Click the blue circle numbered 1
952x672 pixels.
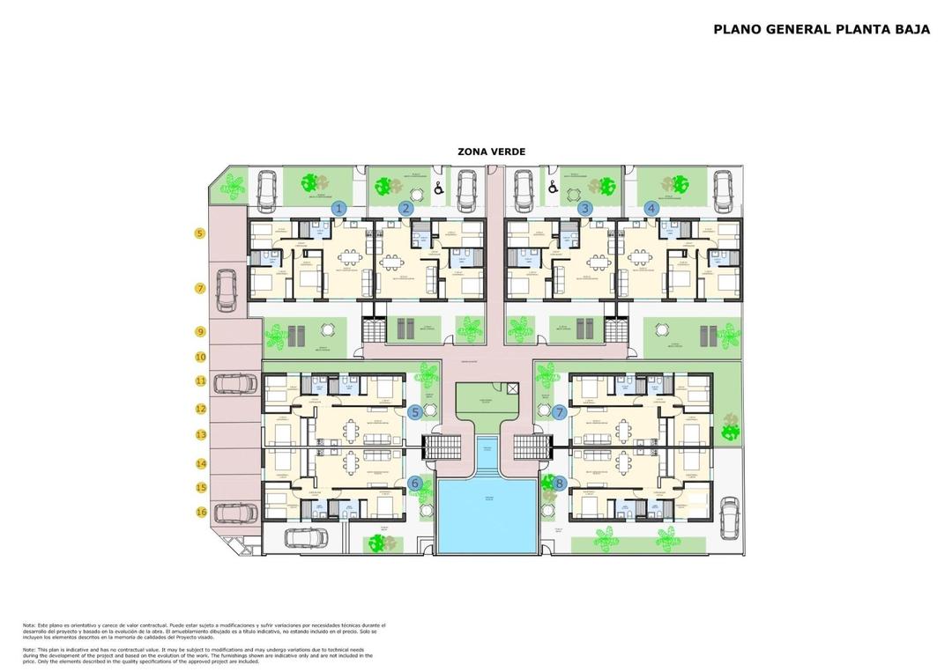338,209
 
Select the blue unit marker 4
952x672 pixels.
651,209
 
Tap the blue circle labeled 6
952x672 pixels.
415,483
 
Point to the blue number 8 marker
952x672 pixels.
558,483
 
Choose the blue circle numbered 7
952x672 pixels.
558,411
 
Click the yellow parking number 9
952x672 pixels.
200,332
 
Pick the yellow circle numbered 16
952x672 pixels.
201,512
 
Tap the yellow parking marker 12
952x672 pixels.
201,409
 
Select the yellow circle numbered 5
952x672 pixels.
200,233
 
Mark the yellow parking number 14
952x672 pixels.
201,462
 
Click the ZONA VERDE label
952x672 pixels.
491,151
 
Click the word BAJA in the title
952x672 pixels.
913,29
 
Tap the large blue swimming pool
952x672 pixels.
487,515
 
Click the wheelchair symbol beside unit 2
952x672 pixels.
439,188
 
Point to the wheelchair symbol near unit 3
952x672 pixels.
554,187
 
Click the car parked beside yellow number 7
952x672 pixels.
227,289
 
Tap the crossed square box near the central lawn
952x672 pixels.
514,388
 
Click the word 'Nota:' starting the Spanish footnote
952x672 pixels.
29,625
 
